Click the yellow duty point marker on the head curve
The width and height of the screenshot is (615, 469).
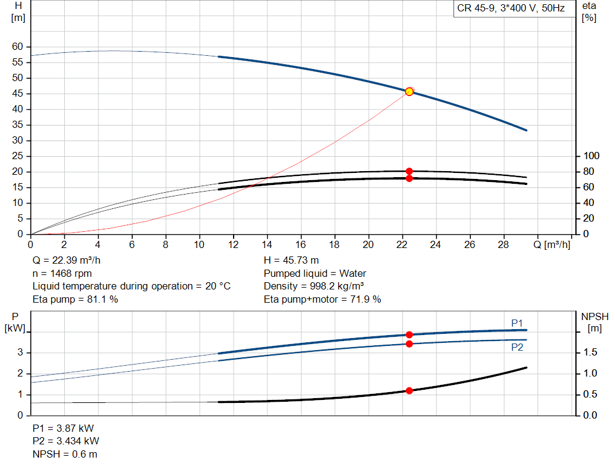click(409, 92)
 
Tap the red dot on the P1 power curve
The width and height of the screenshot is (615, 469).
click(409, 334)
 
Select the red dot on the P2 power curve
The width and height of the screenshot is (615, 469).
click(409, 344)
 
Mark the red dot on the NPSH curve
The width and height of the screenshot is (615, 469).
click(409, 390)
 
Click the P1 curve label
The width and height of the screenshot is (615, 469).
click(517, 323)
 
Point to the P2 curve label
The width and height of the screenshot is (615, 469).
click(517, 348)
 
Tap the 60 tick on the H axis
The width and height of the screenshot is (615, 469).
click(17, 47)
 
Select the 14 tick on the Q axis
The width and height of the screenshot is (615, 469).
click(267, 244)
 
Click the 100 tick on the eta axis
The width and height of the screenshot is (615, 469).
click(591, 156)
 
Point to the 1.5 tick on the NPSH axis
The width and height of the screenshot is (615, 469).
click(590, 352)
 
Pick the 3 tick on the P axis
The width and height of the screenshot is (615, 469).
click(20, 352)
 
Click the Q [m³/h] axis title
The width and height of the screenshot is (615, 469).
click(552, 244)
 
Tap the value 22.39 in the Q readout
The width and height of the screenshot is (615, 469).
click(65, 261)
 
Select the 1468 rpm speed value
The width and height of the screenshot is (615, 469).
click(71, 273)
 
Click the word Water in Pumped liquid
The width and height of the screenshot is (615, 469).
click(353, 273)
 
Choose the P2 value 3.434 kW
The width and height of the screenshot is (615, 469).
click(77, 441)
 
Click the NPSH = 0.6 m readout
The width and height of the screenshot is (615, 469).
click(65, 454)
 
